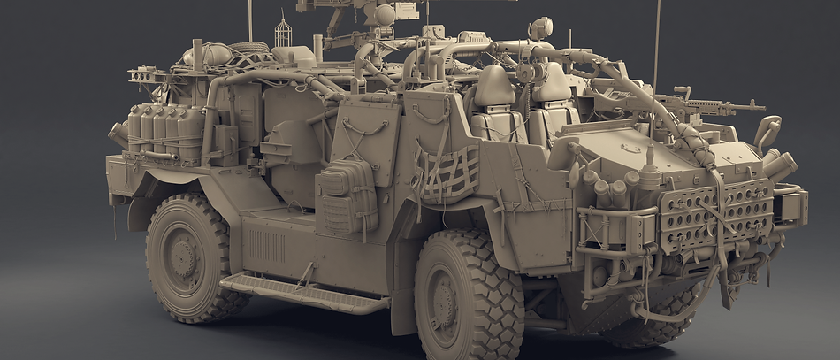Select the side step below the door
click(x=302, y=292)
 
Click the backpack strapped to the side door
click(x=347, y=195)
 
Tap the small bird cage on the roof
click(x=283, y=34)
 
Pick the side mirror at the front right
click(x=767, y=130)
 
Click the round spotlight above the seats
click(x=540, y=28)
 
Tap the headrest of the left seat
click(x=496, y=86)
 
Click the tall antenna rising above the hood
click(x=657, y=44)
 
